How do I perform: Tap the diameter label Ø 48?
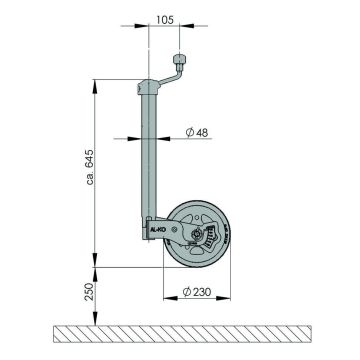[x=195, y=132]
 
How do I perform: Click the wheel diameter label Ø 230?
[x=200, y=293]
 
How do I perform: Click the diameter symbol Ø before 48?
[x=188, y=132]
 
